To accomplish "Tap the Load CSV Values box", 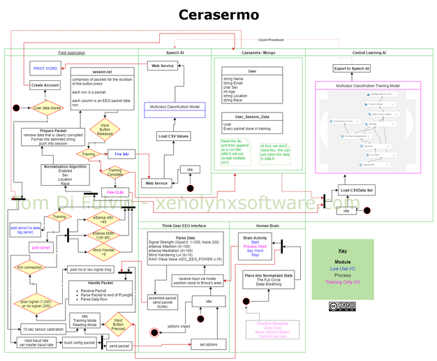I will (172, 135).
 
